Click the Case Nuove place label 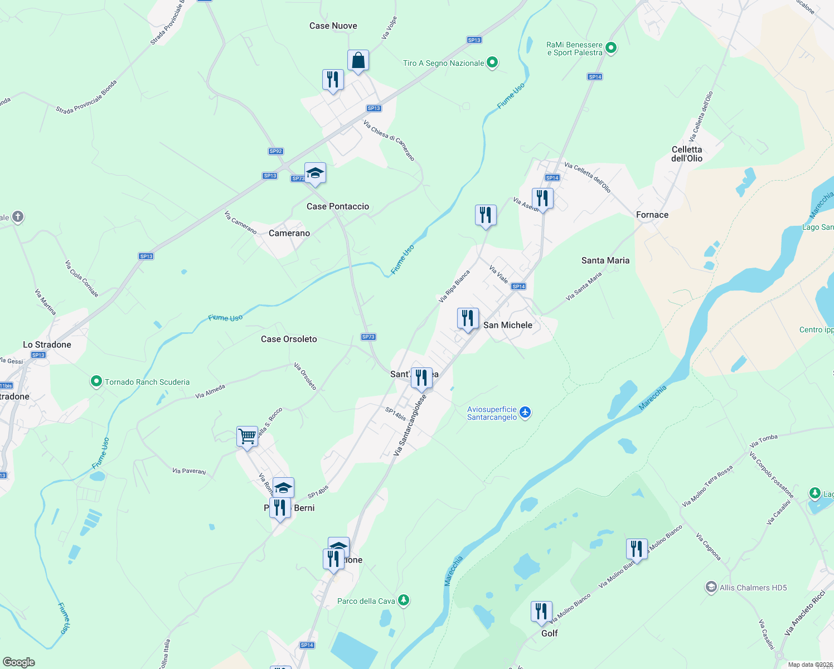[x=333, y=26]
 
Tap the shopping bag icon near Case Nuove [x=358, y=61]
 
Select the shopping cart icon [x=247, y=436]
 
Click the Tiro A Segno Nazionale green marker [x=492, y=62]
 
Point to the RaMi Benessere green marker [x=611, y=48]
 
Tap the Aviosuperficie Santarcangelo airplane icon [x=525, y=413]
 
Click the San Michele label [x=508, y=325]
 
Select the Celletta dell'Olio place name [x=687, y=154]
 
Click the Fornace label [x=652, y=215]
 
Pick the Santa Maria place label [x=605, y=260]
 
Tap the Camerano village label [x=289, y=233]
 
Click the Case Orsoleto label [x=289, y=339]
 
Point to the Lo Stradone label [x=47, y=345]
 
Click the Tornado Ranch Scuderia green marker [x=96, y=382]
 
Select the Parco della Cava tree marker [x=404, y=600]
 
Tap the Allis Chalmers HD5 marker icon [x=711, y=587]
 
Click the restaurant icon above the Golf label [x=541, y=612]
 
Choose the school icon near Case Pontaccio [x=315, y=173]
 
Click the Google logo [x=19, y=662]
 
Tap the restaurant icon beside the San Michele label [x=468, y=319]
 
